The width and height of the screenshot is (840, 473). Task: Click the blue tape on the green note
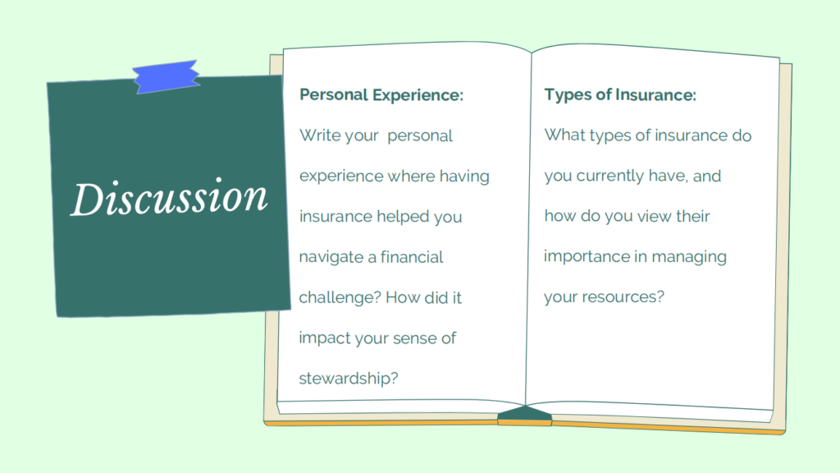point(166,76)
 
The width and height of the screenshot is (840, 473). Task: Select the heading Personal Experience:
point(381,95)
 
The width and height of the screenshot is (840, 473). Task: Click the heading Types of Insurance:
point(620,95)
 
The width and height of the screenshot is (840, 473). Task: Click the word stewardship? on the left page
point(349,379)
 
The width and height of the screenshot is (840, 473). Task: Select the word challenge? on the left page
point(340,297)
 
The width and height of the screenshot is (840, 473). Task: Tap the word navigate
point(331,257)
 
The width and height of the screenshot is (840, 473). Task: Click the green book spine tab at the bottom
point(524,416)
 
